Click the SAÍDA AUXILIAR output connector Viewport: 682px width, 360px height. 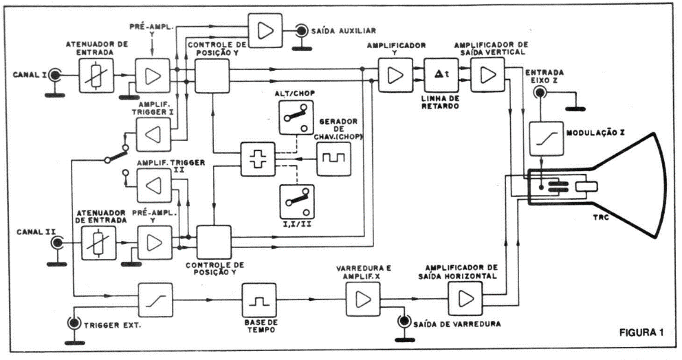coord(300,30)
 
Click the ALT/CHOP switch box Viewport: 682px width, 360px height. coord(295,115)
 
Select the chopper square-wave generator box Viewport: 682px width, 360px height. coord(333,162)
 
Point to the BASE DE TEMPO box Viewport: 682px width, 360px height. coord(258,300)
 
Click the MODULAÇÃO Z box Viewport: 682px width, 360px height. coord(546,139)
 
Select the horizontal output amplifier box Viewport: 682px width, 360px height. coord(465,299)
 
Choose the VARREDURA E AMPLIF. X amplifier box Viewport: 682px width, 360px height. coord(362,300)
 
